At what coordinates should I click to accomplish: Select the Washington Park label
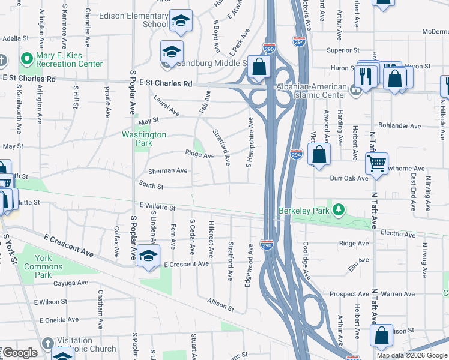pos(144,139)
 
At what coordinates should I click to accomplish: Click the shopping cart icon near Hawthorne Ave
pos(376,163)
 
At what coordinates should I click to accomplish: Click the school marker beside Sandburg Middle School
pos(172,52)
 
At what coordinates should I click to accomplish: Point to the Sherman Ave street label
pos(167,170)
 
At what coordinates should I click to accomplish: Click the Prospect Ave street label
pos(350,294)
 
